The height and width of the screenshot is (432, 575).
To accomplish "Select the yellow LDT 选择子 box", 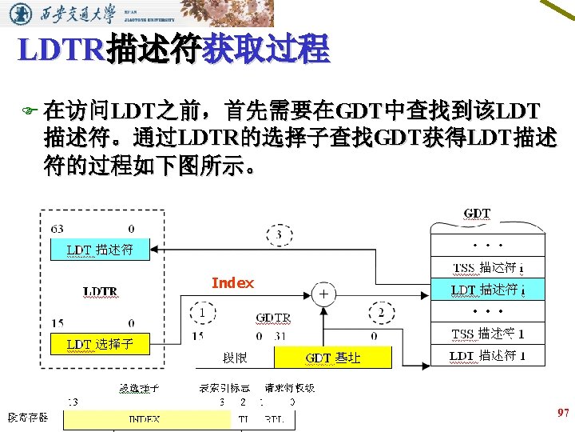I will pos(100,345).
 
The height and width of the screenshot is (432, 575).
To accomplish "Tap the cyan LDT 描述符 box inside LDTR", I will pos(100,250).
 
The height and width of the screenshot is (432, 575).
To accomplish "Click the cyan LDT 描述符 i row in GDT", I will pos(487,290).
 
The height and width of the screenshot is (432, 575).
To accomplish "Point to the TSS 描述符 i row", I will pos(487,267).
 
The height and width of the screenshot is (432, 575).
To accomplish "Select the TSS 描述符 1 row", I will pos(487,334).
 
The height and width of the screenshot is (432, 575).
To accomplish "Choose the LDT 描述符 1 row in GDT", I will pos(487,356).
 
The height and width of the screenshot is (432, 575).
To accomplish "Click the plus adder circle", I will pos(323,294).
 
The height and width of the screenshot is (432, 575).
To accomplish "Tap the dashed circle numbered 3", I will pos(279,235).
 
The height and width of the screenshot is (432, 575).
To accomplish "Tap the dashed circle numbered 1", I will pos(205,312).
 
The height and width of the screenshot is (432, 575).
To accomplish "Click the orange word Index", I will pos(232,283).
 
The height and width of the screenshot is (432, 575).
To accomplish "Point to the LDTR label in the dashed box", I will pos(101,291).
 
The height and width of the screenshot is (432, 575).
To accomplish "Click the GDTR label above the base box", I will pos(272,318).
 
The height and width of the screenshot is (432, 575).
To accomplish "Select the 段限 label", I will pos(234,358).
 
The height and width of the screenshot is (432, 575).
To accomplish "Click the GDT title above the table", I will pos(477,214).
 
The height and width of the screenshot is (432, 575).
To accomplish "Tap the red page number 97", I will pos(562,413).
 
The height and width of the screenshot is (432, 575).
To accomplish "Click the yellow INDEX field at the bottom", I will pos(144,418).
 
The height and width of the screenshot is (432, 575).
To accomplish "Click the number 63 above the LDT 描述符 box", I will pos(57,229).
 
